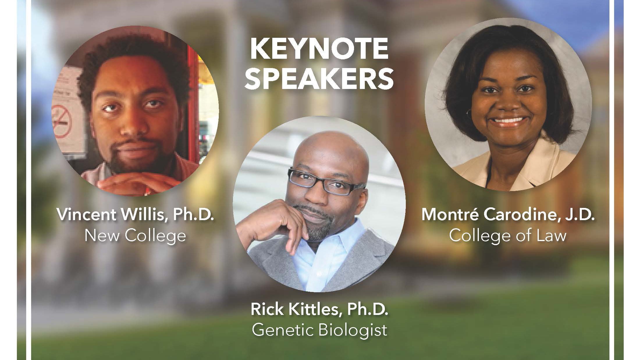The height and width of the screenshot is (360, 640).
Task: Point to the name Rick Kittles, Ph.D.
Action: click(x=319, y=309)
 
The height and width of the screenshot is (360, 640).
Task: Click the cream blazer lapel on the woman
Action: click(x=547, y=163)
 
